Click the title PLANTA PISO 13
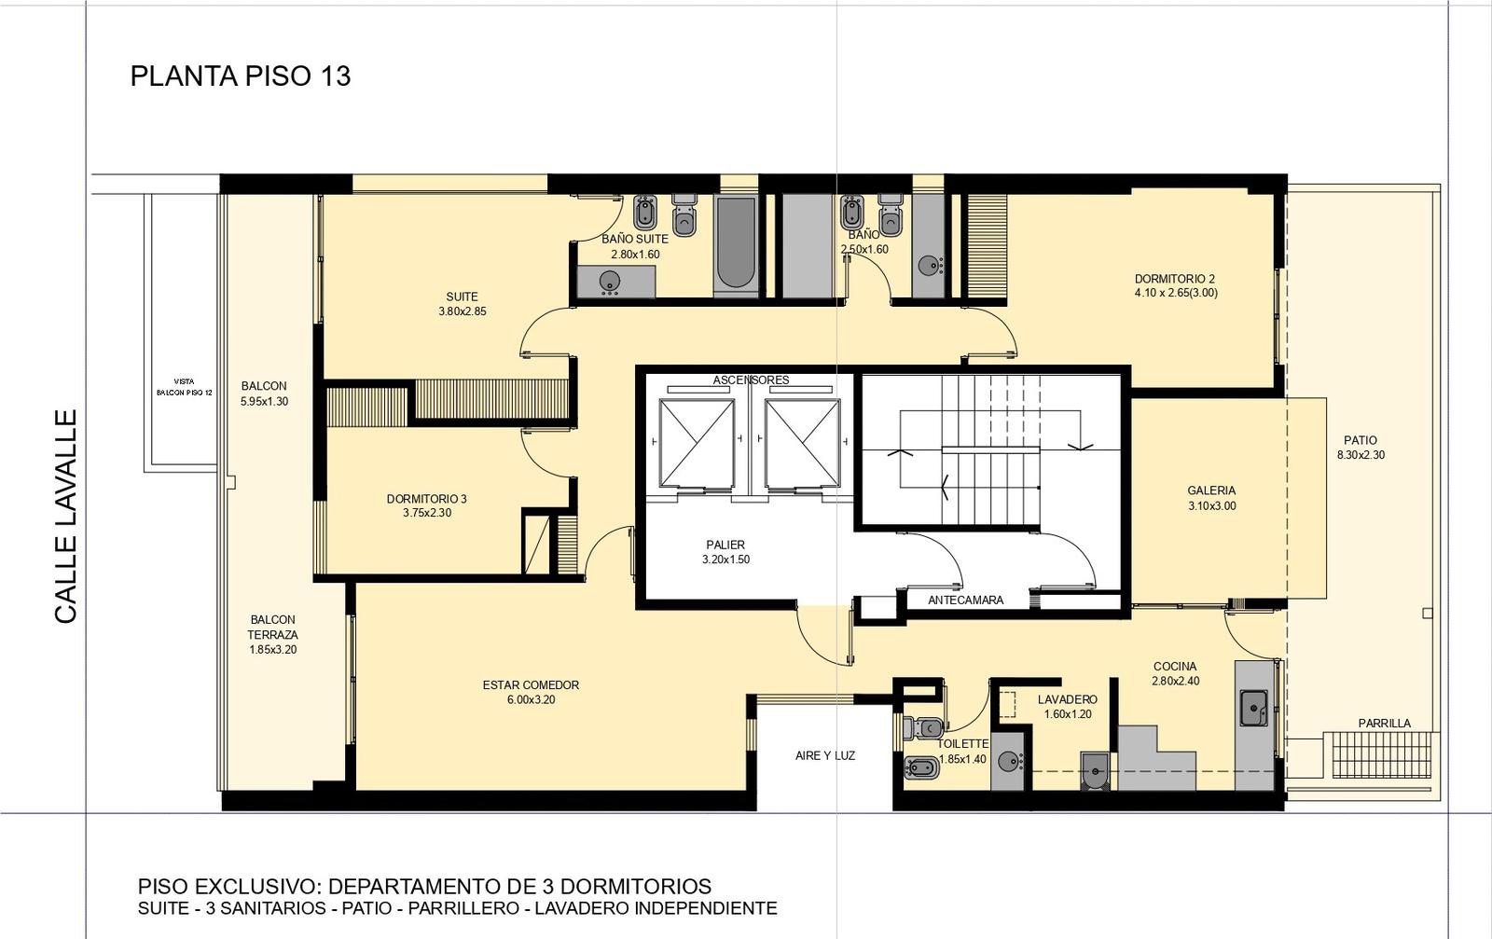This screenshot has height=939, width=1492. point(241,76)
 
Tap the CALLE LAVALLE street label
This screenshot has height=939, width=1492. point(66,517)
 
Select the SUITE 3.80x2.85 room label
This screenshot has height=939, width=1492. point(463,304)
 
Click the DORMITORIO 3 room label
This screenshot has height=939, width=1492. point(427,505)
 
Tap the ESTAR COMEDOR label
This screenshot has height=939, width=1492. point(531,684)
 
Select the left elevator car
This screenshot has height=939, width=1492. point(697,443)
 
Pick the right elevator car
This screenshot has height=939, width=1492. point(803,443)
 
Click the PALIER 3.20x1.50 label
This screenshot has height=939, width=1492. point(726,552)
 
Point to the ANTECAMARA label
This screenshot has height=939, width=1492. point(966,600)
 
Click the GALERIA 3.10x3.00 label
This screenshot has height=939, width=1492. point(1211,498)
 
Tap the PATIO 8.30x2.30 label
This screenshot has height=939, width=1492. point(1361,448)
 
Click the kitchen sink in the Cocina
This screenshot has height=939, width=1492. point(1254,707)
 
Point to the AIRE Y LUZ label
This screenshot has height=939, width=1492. point(825,756)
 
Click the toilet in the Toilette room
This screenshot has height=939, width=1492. point(922,728)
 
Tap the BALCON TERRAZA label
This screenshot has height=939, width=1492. point(273,635)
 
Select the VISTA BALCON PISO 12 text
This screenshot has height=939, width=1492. point(185,387)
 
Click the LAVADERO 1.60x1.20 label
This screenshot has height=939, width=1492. point(1068,707)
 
